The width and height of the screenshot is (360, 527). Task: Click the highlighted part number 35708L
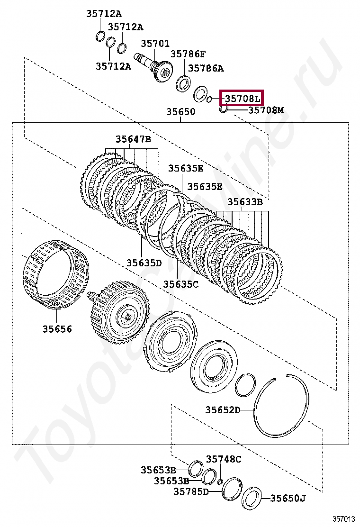242,99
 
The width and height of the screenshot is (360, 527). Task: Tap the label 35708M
266,110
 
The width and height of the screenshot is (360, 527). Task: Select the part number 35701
155,43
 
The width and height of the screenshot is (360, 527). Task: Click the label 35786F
188,54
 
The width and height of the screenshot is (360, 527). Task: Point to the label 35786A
206,68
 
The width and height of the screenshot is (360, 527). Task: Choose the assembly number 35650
180,111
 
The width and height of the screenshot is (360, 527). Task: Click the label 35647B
133,139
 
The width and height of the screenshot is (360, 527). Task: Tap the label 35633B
245,202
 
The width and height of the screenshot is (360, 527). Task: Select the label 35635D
144,263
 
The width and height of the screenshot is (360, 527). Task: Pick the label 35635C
180,284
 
